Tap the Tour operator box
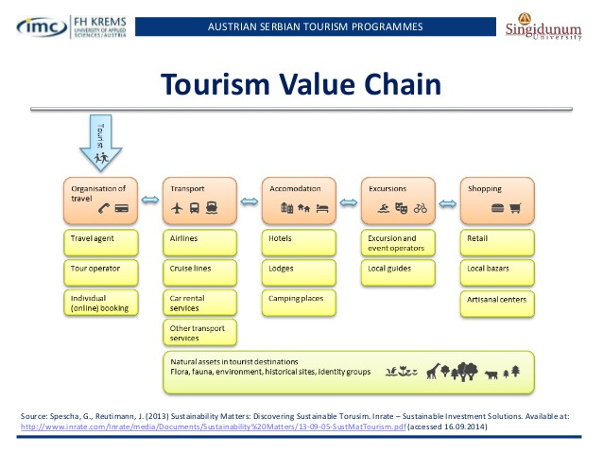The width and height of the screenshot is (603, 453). (101, 271)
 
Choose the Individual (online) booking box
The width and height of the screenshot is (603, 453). (101, 303)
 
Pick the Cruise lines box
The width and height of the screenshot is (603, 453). (199, 271)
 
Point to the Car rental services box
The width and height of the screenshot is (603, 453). (199, 303)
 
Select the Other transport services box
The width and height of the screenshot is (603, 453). (199, 333)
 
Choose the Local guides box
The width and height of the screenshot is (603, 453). (398, 271)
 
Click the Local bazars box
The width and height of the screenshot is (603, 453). (497, 271)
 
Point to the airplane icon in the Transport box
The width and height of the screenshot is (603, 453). (176, 208)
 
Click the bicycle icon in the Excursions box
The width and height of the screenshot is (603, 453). (421, 208)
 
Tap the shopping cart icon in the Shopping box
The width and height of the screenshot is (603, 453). (515, 208)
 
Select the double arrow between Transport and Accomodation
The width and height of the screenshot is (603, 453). (249, 200)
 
